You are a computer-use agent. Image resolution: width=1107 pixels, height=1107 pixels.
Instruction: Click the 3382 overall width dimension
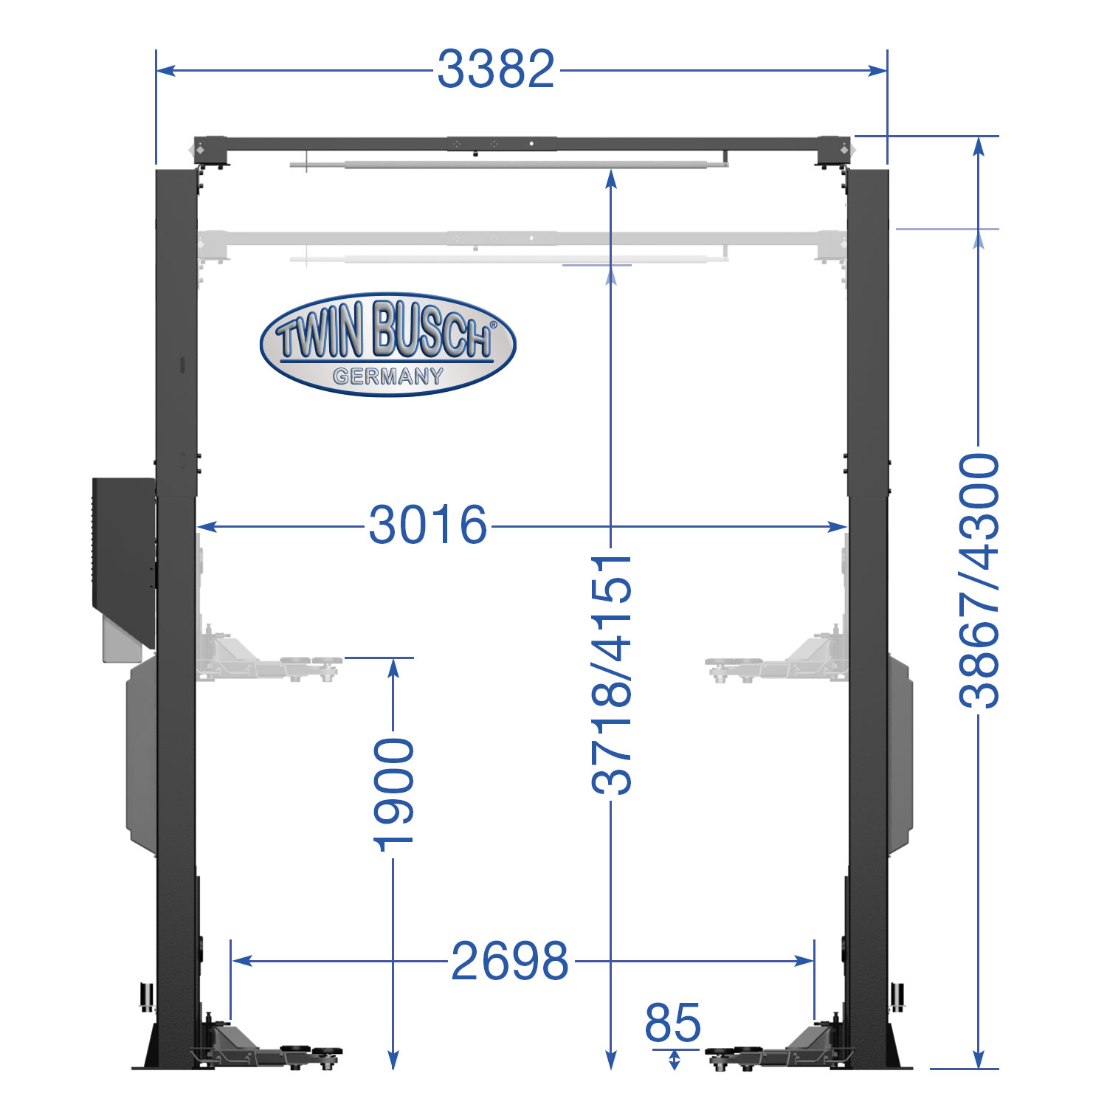click(495, 69)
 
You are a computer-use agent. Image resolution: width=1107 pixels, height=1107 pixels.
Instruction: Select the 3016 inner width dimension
click(428, 525)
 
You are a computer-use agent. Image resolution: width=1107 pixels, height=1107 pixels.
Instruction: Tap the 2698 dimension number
click(510, 961)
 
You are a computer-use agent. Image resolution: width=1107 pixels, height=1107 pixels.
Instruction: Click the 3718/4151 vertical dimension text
click(612, 675)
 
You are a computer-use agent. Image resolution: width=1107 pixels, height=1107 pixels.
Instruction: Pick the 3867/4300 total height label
click(979, 581)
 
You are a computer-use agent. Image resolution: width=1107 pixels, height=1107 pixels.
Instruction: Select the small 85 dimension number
click(672, 1023)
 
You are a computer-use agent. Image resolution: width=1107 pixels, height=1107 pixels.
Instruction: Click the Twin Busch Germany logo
click(388, 344)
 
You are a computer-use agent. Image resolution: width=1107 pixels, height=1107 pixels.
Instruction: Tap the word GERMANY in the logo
click(388, 376)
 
